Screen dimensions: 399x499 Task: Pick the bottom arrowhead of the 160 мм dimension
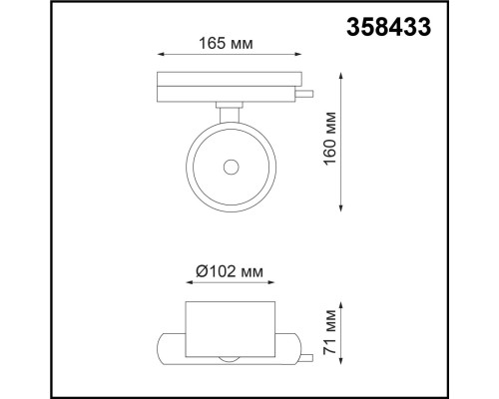(x=343, y=208)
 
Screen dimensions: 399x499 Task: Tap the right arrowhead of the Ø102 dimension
(x=273, y=283)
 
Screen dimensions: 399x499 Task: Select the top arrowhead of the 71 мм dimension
(x=343, y=302)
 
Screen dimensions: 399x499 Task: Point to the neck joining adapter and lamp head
(x=230, y=108)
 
